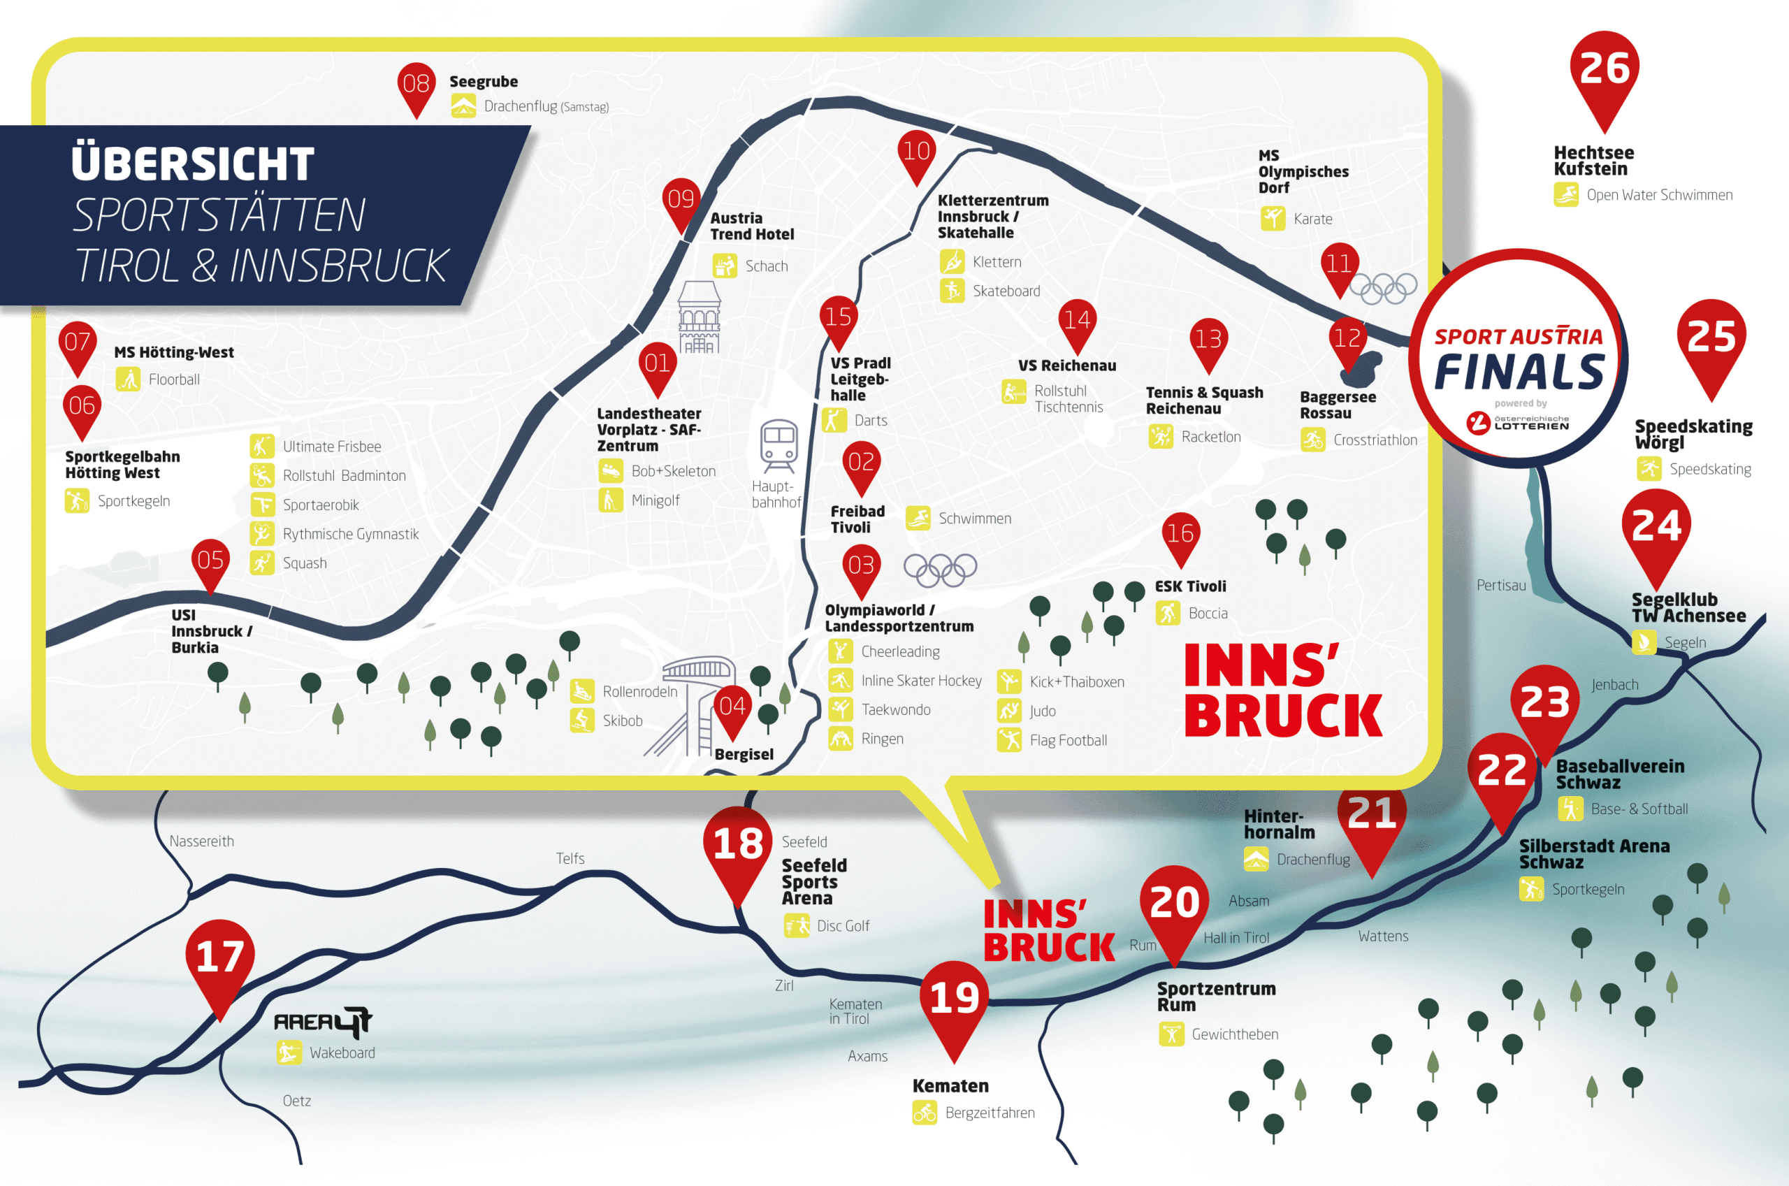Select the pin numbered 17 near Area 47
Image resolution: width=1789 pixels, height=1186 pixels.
[x=220, y=964]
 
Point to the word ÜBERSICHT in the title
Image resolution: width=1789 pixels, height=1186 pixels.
[x=193, y=164]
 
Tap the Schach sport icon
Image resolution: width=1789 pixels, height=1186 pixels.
[x=725, y=266]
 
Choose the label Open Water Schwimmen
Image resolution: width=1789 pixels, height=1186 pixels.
[x=1660, y=195]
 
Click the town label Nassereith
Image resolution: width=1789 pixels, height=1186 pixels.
[x=202, y=841]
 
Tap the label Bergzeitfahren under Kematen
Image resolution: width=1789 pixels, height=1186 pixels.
[x=990, y=1113]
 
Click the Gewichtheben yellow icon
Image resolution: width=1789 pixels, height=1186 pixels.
[x=1171, y=1034]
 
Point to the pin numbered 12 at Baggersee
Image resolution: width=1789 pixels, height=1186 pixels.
[x=1347, y=344]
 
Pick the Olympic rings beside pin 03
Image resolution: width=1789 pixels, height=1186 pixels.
[x=940, y=570]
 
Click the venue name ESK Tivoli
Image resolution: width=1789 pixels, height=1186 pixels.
[x=1190, y=586]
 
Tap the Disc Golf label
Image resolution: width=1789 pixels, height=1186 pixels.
[x=843, y=926]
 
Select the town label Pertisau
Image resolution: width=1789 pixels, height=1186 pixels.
[x=1501, y=586]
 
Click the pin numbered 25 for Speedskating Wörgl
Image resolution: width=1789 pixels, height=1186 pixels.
[x=1711, y=344]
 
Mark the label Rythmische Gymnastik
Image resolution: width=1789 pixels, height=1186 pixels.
[x=351, y=534]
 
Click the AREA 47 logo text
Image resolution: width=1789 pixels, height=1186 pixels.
[x=323, y=1022]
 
